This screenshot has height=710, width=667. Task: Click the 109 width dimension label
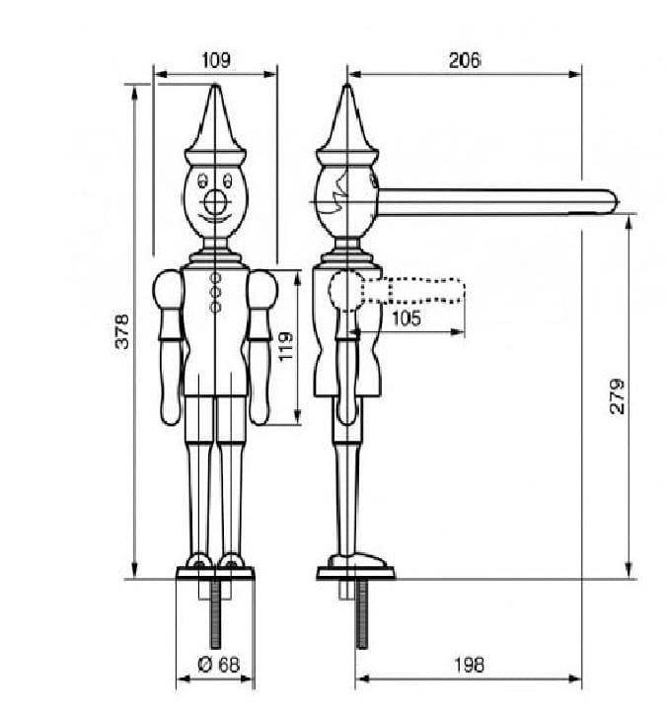click(x=216, y=60)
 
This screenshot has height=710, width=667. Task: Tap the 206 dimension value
click(x=465, y=60)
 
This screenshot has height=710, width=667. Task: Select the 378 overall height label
click(x=122, y=331)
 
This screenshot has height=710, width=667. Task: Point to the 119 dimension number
click(x=285, y=346)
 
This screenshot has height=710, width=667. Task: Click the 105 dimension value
click(x=406, y=319)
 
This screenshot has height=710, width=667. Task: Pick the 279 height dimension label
click(x=617, y=396)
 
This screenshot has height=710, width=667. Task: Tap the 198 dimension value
click(x=469, y=666)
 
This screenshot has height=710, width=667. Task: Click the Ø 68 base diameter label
click(x=218, y=665)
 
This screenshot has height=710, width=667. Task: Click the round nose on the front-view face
click(x=215, y=203)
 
